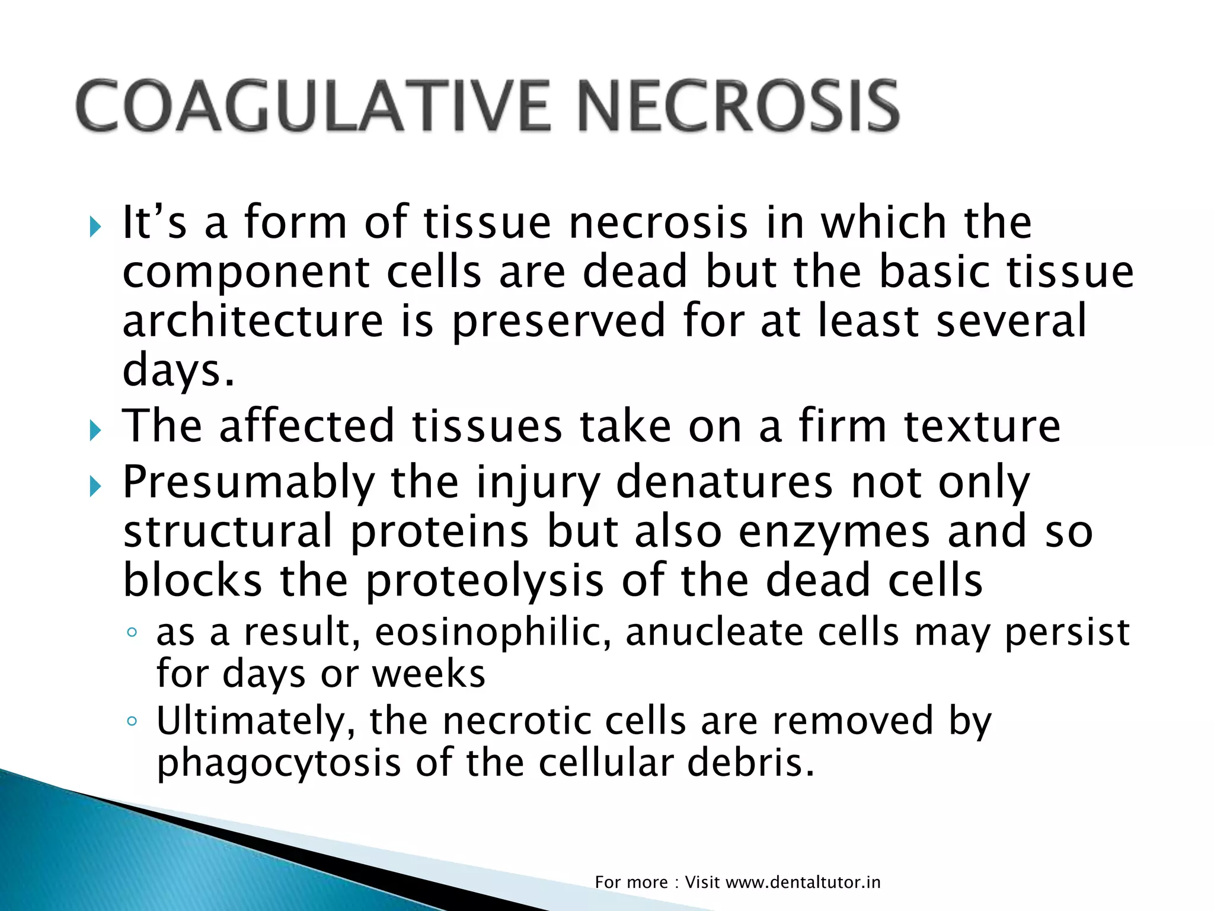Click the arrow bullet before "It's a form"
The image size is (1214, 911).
(95, 226)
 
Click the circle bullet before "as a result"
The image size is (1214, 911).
(132, 632)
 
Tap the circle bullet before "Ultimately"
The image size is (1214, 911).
(132, 721)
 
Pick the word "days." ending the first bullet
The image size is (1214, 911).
(178, 371)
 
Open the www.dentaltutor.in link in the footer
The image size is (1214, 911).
(803, 883)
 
